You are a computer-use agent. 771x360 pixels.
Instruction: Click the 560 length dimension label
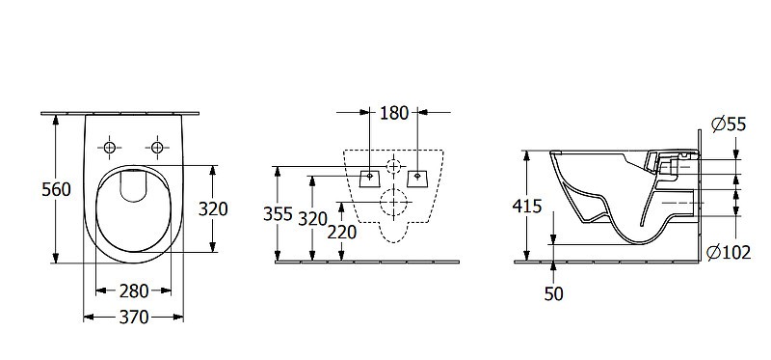(56, 189)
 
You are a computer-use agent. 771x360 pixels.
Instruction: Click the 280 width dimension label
(134, 291)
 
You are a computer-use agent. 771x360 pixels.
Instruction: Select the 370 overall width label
(134, 318)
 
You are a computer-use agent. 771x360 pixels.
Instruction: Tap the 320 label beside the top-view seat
(213, 208)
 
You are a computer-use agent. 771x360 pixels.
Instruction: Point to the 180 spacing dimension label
(394, 113)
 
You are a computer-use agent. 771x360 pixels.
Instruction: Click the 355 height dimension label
(278, 214)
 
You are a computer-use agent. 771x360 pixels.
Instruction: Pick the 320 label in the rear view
(312, 219)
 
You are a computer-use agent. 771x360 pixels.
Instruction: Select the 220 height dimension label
(342, 232)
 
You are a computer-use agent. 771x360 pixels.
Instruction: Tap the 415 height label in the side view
(526, 206)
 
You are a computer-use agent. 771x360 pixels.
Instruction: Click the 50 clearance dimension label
(553, 294)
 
